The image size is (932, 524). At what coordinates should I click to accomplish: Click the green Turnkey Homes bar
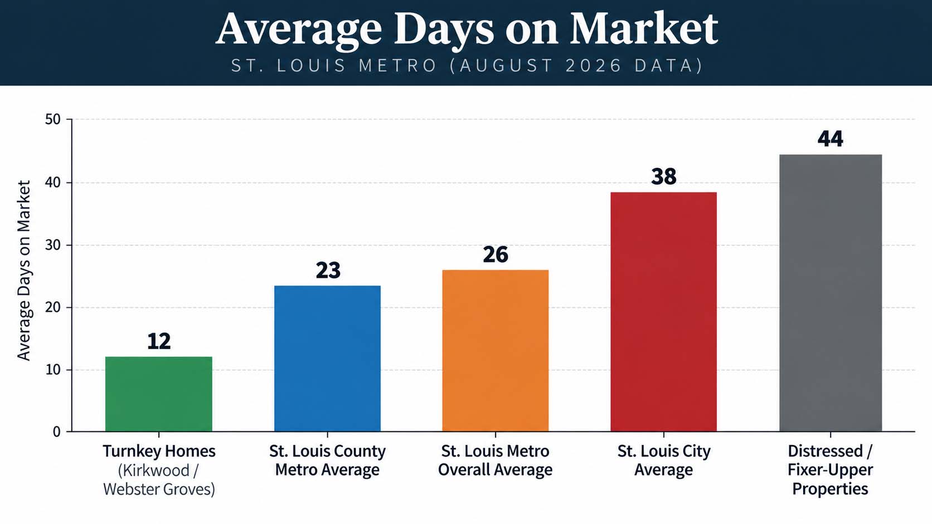158,394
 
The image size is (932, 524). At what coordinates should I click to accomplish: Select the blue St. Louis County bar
327,359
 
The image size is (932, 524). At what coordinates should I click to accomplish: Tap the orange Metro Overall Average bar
495,351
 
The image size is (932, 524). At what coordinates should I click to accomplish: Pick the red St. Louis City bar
664,312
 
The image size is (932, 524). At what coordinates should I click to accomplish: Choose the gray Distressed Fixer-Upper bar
831,293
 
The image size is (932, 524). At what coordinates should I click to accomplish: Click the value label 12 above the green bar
159,341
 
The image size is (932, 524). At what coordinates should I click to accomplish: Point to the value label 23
328,270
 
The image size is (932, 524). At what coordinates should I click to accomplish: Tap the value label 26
496,254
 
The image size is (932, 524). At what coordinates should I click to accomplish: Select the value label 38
664,176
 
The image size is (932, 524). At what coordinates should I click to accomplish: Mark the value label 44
831,139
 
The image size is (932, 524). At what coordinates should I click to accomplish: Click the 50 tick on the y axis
53,120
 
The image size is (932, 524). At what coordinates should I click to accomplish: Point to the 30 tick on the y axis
53,245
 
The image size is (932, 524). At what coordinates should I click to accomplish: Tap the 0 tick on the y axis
57,432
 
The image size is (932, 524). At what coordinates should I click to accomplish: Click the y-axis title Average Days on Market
24,270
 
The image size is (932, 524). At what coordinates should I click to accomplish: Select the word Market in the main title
644,29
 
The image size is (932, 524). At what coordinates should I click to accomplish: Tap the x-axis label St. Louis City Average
664,461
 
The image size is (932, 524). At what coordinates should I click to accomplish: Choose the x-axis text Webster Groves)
159,489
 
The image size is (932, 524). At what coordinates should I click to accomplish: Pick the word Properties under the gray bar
830,489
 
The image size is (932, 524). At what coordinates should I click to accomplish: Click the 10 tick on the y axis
53,370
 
